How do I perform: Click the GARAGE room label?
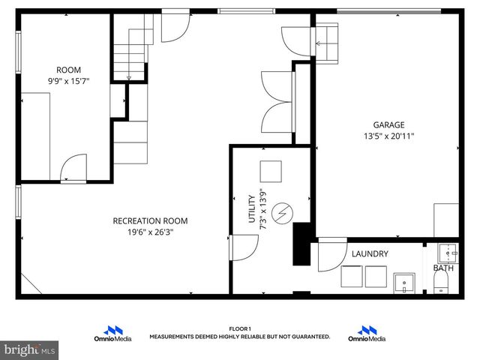389,125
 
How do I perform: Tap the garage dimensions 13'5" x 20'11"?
389,136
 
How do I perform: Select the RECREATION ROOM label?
150,220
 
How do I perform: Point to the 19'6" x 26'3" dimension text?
150,232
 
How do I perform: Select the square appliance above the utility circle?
270,170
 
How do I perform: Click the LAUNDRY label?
370,254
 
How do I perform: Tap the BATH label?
442,268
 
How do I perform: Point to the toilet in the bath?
441,283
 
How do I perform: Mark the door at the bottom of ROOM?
72,169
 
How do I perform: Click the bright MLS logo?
30,349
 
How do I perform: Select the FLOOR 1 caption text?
240,328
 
